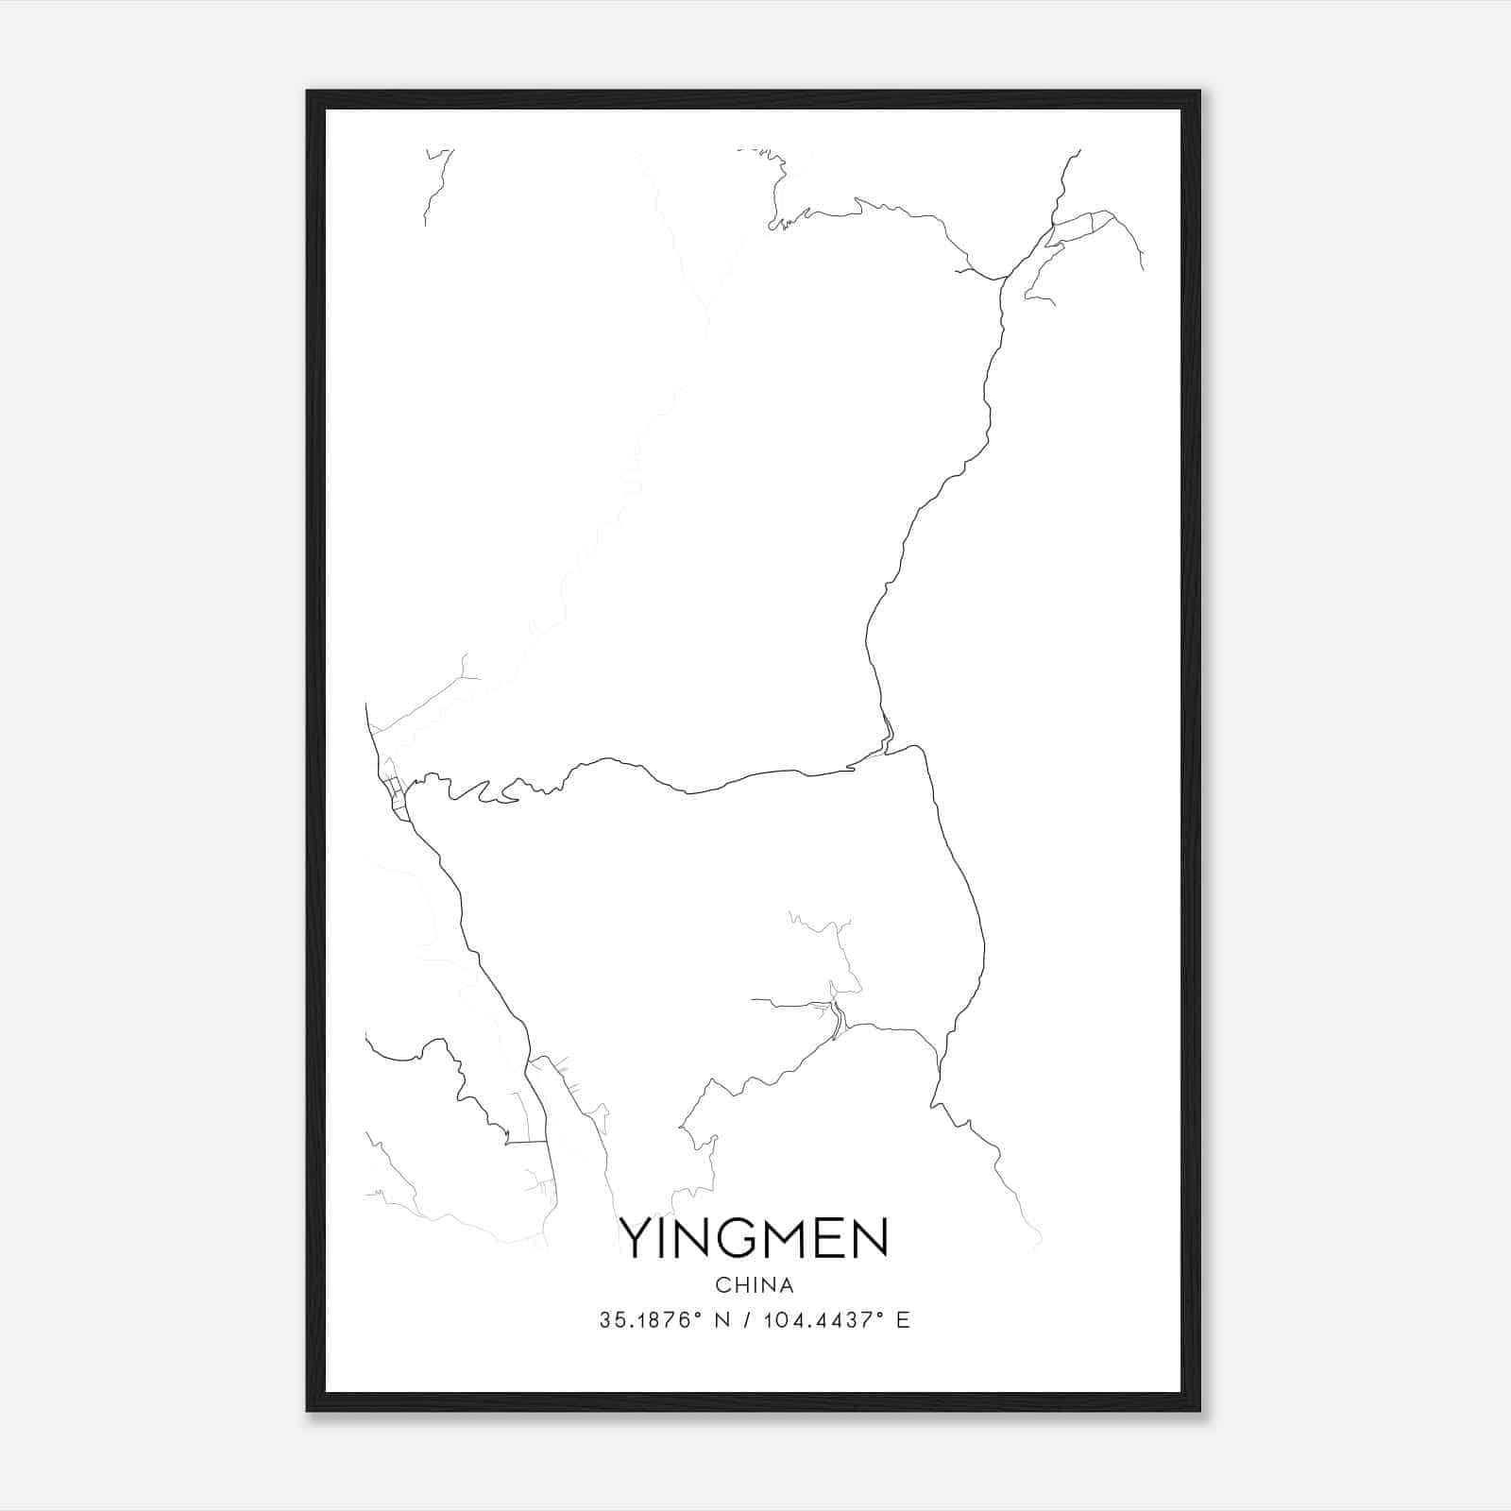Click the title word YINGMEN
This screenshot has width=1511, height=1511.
pyautogui.click(x=754, y=1238)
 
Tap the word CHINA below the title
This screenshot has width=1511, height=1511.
pyautogui.click(x=755, y=1285)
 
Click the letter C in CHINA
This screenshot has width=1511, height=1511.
pyautogui.click(x=722, y=1285)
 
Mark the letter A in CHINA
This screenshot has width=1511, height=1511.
pyautogui.click(x=787, y=1285)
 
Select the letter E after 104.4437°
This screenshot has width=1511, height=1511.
pyautogui.click(x=903, y=1320)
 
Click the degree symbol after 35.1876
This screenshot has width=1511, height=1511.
pyautogui.click(x=697, y=1314)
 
